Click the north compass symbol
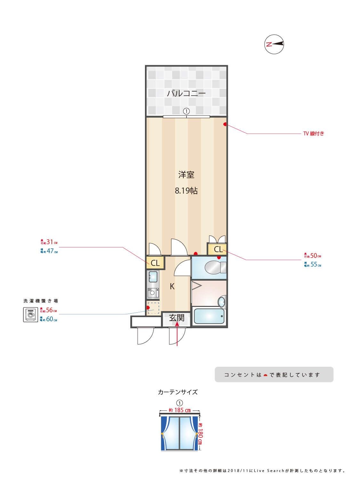pyautogui.click(x=274, y=44)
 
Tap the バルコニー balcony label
pyautogui.click(x=186, y=93)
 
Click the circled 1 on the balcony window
pyautogui.click(x=186, y=111)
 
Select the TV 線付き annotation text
pyautogui.click(x=313, y=134)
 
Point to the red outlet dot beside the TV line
pyautogui.click(x=225, y=124)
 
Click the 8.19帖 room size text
pyautogui.click(x=186, y=191)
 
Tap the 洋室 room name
pyautogui.click(x=186, y=175)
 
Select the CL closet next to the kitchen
pyautogui.click(x=155, y=263)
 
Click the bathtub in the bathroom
pyautogui.click(x=209, y=316)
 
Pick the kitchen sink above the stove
pyautogui.click(x=153, y=276)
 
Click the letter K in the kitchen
pyautogui.click(x=172, y=286)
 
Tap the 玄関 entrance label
pyautogui.click(x=177, y=318)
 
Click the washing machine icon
pyautogui.click(x=31, y=315)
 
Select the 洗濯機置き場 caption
pyautogui.click(x=41, y=301)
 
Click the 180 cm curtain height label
pyautogui.click(x=200, y=434)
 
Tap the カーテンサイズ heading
pyautogui.click(x=178, y=392)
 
